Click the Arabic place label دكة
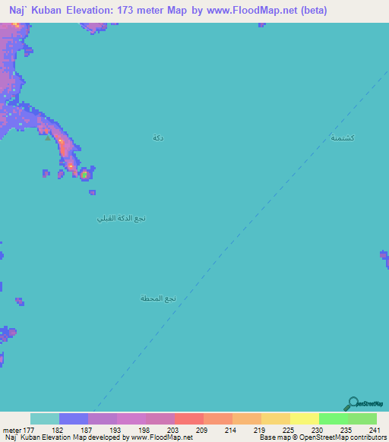tap(158, 137)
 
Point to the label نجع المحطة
tap(158, 298)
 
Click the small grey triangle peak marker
tap(48, 138)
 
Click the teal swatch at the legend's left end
tap(45, 418)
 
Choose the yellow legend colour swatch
tap(304, 418)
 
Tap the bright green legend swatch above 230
tap(333, 418)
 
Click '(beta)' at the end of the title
tap(312, 11)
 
